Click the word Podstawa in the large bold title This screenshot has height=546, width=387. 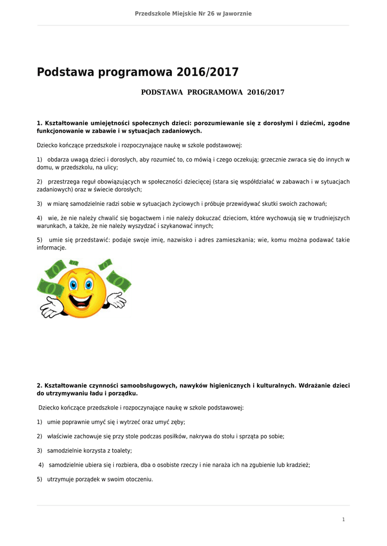pos(64,72)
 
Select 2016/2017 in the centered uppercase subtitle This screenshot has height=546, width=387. pos(265,93)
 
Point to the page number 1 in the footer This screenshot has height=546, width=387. pos(343,519)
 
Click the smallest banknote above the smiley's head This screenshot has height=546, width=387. pos(74,262)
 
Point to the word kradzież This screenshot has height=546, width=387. pos(297,465)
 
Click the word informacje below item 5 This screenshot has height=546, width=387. pos(51,248)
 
